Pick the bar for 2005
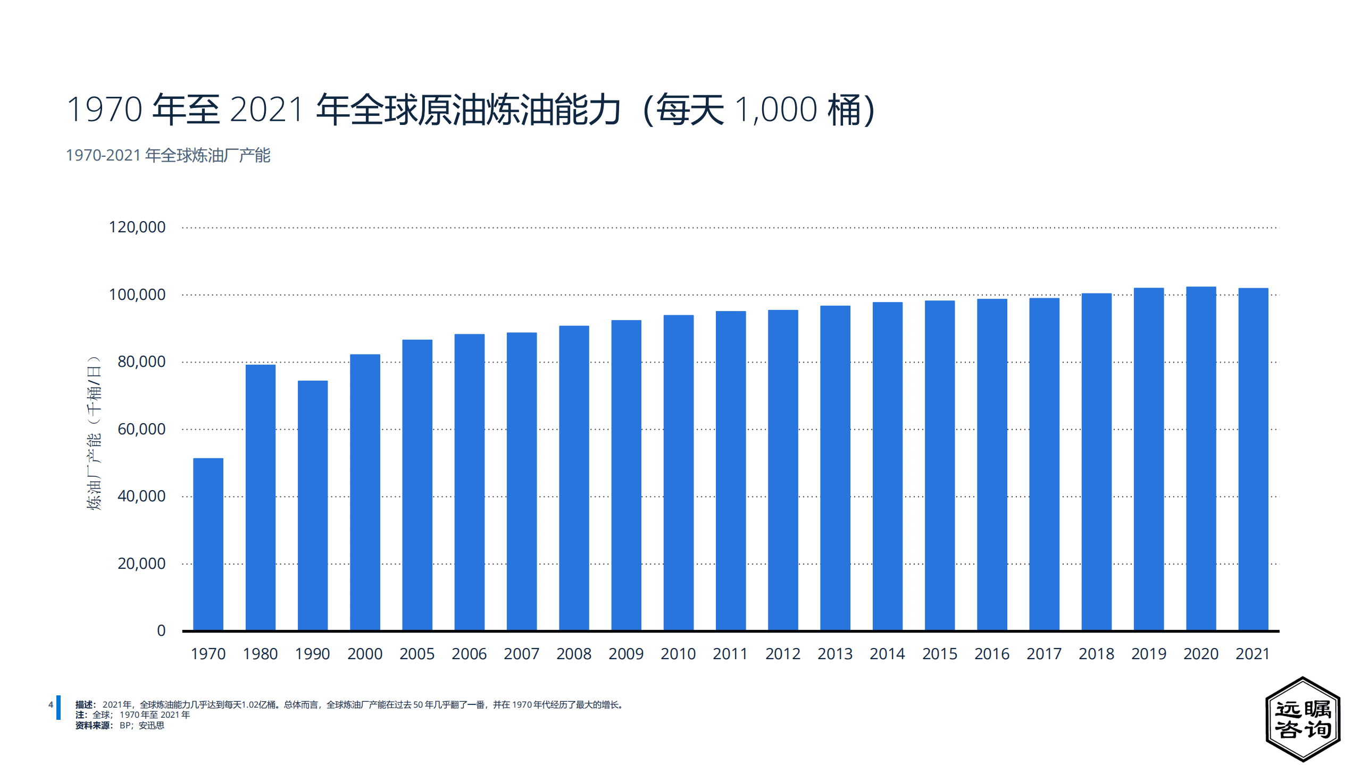[x=417, y=485]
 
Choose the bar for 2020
[x=1201, y=458]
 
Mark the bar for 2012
[x=783, y=470]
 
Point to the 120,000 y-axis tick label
[x=137, y=227]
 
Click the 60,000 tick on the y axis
[x=141, y=429]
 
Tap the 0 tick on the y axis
[x=161, y=631]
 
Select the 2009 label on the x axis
[x=626, y=654]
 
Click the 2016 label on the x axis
[x=992, y=654]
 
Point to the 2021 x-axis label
[x=1253, y=654]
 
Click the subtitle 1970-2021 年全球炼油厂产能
[x=168, y=155]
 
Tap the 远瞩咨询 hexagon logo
[x=1302, y=719]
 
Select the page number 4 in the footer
[x=51, y=704]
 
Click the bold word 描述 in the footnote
[x=84, y=704]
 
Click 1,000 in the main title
[x=776, y=110]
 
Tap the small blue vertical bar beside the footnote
[x=59, y=708]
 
